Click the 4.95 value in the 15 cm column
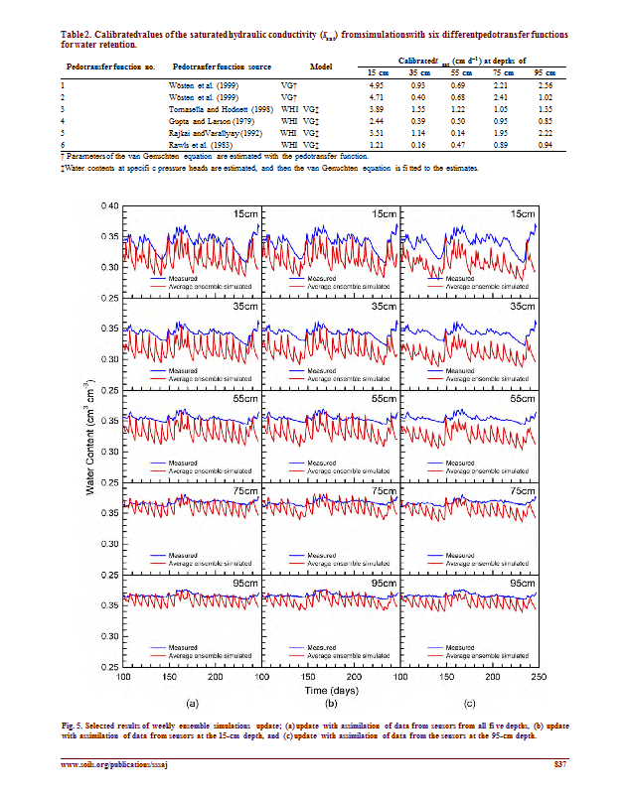click(378, 87)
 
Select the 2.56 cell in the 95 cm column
click(544, 87)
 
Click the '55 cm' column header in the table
click(460, 73)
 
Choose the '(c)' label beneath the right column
click(467, 703)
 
